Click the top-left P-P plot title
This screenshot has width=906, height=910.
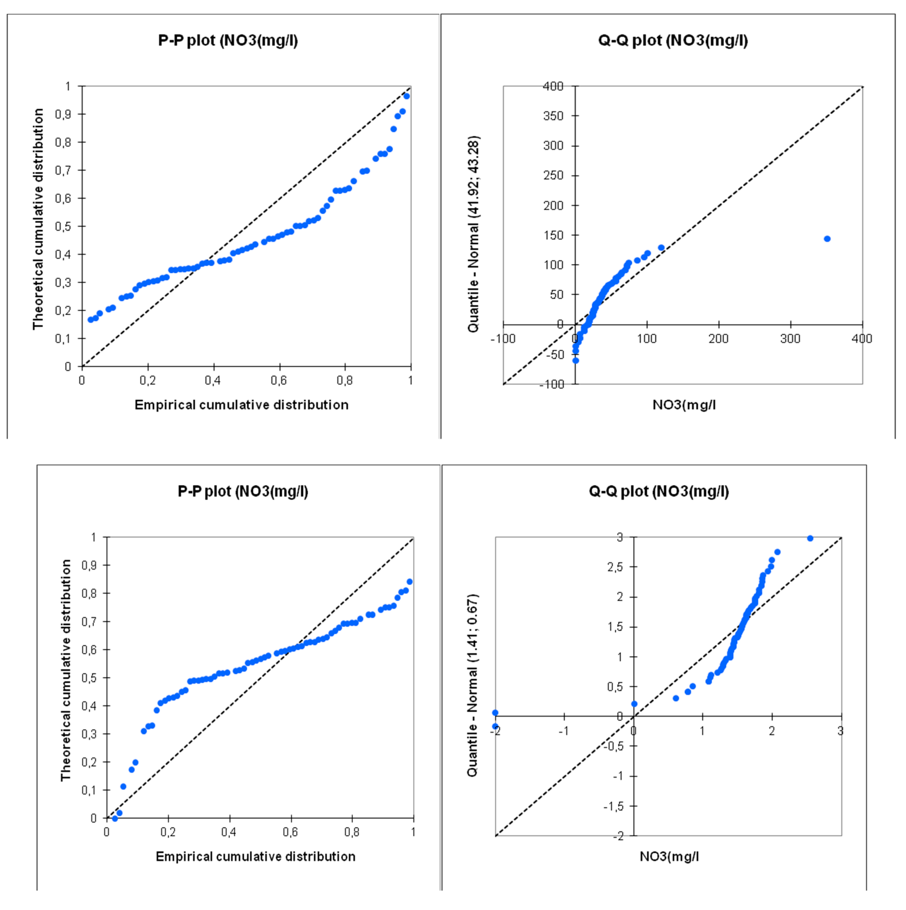click(228, 40)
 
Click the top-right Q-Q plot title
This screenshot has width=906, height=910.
click(673, 40)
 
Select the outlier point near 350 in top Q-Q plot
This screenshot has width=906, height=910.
click(827, 239)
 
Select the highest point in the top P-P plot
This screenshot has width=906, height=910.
click(406, 96)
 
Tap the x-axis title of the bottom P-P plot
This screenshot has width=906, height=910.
click(255, 856)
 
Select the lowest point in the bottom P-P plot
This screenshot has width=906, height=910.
click(115, 819)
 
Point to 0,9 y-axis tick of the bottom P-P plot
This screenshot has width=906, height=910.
click(90, 565)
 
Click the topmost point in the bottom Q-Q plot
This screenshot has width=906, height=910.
click(810, 538)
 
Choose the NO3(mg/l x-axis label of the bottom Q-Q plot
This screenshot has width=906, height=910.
click(669, 856)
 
